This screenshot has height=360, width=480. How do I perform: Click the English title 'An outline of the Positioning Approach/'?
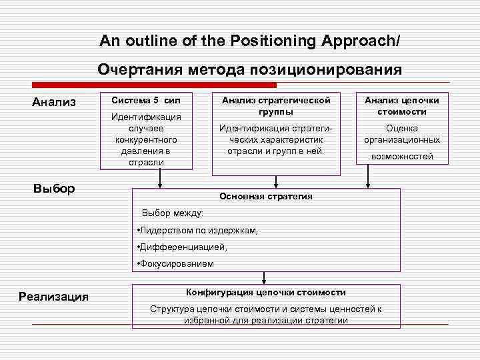point(250,41)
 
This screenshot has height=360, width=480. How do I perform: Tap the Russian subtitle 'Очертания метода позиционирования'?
point(250,69)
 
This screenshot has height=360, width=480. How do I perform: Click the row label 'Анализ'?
point(54,102)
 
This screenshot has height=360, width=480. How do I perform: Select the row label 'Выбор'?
point(54,188)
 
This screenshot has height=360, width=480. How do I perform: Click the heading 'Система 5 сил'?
point(146,100)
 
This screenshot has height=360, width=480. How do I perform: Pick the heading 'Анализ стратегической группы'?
point(275,105)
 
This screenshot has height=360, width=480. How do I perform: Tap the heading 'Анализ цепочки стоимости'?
point(401,105)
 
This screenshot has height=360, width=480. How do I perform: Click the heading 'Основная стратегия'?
point(266,197)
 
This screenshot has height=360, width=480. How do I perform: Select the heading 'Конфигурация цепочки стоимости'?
point(265,292)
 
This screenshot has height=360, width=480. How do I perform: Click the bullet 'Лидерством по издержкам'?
point(197,230)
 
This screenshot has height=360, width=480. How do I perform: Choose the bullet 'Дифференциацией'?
point(182,247)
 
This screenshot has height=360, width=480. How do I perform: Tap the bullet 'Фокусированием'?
point(176,263)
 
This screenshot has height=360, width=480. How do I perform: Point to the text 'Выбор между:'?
point(172,213)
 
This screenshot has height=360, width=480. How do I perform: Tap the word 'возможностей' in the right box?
point(401,156)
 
